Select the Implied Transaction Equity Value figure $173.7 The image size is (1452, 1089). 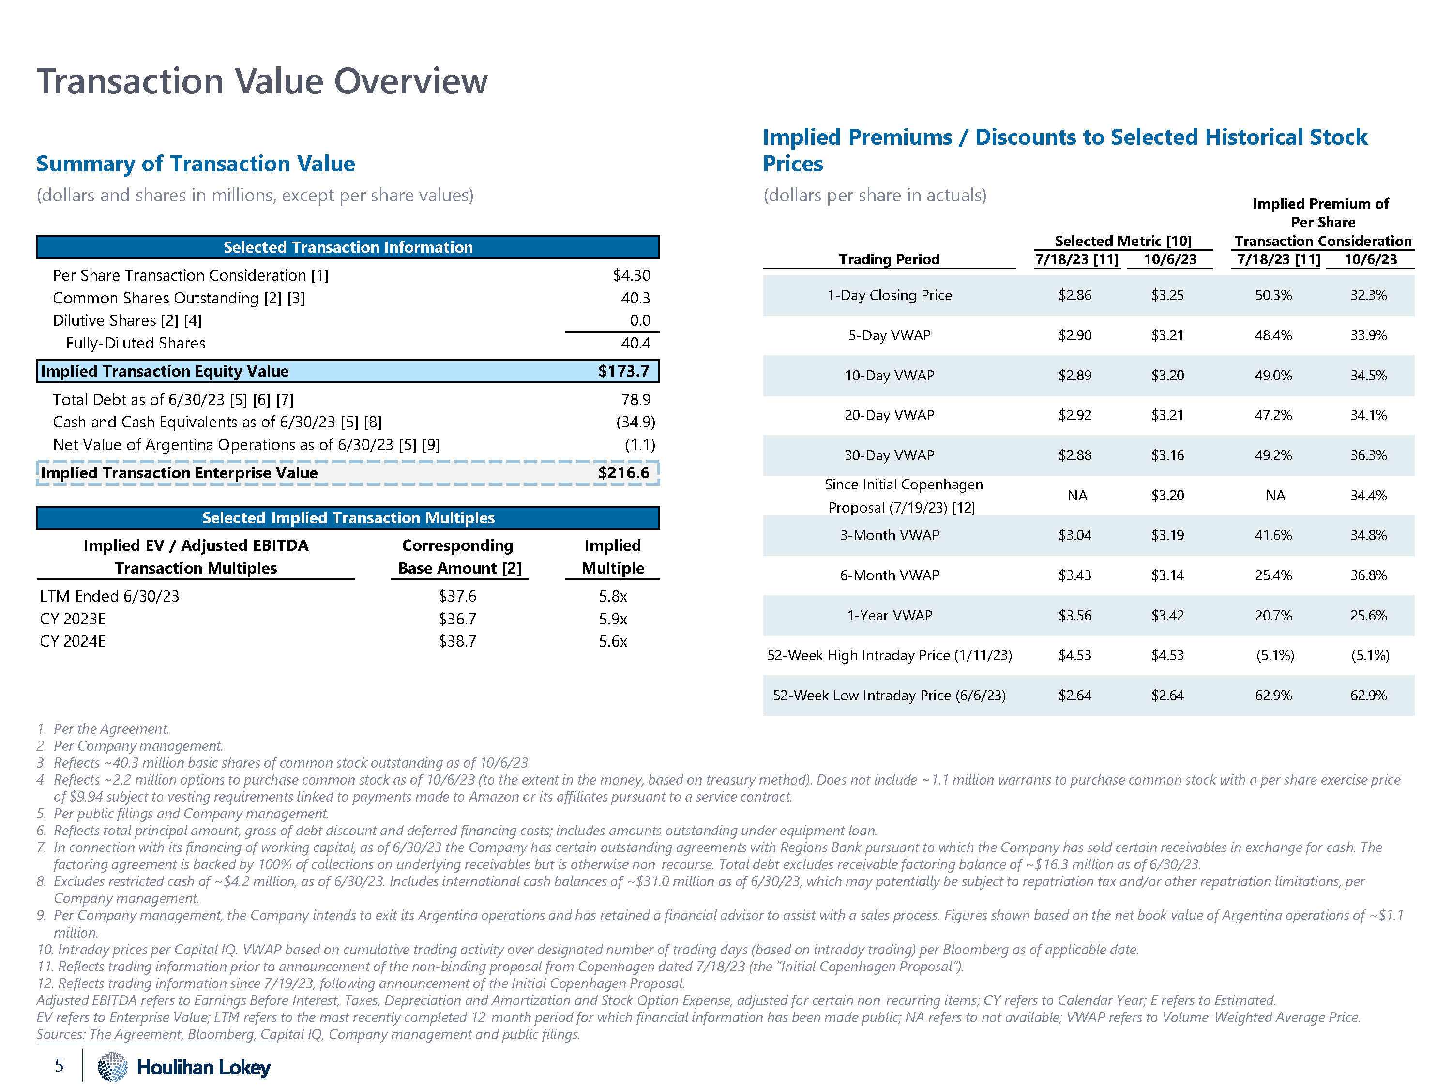click(623, 372)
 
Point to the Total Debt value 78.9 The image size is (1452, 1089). click(635, 400)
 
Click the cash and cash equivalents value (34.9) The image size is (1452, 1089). click(635, 422)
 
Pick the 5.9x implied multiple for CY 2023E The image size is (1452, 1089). click(612, 619)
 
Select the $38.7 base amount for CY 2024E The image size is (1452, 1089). click(457, 641)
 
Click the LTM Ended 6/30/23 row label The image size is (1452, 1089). click(109, 596)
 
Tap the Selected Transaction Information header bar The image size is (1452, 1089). click(348, 247)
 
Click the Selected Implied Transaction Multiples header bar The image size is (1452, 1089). click(348, 518)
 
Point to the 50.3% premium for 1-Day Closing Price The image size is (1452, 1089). click(1273, 295)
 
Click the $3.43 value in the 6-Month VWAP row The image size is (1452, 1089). click(1074, 575)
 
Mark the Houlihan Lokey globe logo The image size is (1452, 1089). click(112, 1067)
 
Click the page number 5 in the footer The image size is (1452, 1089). click(59, 1065)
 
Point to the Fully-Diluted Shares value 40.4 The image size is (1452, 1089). click(635, 343)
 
